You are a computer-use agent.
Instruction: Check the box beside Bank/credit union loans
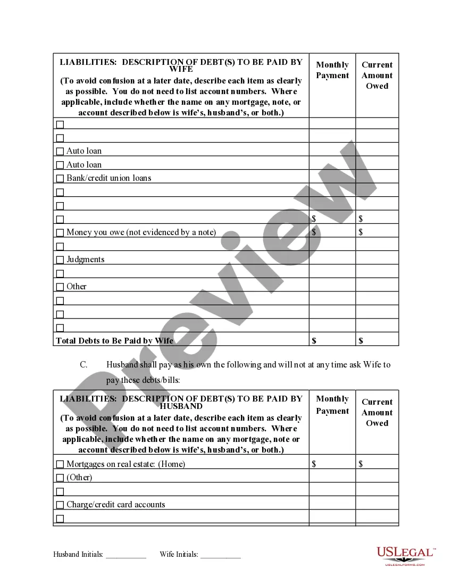60,179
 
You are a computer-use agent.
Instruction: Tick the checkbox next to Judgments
60,260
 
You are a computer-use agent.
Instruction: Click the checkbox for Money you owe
60,233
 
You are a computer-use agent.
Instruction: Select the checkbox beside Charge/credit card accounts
60,505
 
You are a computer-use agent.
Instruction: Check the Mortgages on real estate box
60,464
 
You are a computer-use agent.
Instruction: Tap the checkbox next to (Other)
60,478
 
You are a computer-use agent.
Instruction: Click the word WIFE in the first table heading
181,69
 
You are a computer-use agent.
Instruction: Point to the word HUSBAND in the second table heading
181,406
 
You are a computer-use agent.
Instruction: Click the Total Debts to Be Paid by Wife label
115,340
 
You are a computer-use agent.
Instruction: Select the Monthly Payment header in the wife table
332,70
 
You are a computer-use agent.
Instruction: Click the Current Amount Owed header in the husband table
377,413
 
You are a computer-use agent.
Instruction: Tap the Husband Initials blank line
125,555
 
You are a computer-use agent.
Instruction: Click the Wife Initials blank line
221,555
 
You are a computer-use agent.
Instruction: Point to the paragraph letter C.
83,365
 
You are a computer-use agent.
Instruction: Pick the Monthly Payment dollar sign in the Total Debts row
314,340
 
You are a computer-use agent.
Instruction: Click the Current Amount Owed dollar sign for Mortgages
361,464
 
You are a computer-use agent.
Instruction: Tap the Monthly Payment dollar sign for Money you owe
314,232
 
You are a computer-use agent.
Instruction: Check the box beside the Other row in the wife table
60,287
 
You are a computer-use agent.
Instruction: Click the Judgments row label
85,260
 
